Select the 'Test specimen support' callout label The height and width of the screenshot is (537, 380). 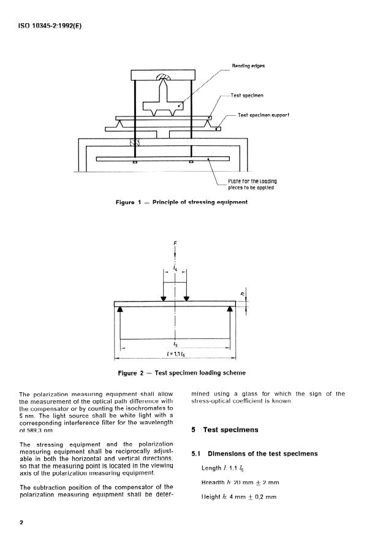pos(263,115)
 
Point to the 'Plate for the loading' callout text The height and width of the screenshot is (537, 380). pos(253,181)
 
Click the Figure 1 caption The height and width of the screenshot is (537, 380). pos(181,203)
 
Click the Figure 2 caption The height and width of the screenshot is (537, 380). pos(181,372)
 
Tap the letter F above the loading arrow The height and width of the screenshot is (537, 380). pos(176,243)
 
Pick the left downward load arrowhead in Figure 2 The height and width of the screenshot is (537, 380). pos(164,299)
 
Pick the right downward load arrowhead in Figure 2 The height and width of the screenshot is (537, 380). pos(187,299)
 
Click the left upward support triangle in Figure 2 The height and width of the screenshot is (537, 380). pos(120,311)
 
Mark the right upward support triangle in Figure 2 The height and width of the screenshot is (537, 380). pos(230,311)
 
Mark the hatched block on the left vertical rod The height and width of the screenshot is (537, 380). pos(134,142)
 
